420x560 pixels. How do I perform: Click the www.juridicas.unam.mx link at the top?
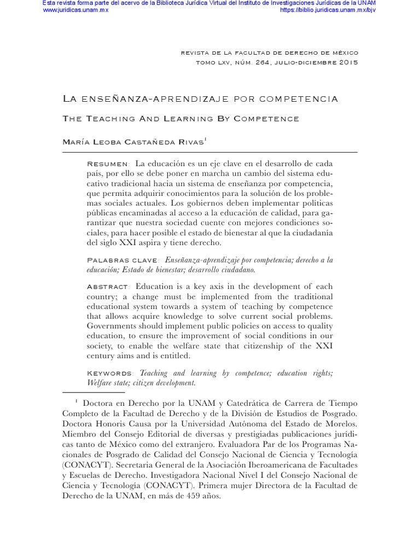tap(75, 10)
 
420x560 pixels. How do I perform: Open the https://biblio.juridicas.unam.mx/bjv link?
tap(328, 10)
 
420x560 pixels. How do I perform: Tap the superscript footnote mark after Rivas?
tap(205, 139)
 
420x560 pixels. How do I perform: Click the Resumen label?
tap(108, 164)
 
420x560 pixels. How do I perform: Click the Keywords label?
tap(110, 373)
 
